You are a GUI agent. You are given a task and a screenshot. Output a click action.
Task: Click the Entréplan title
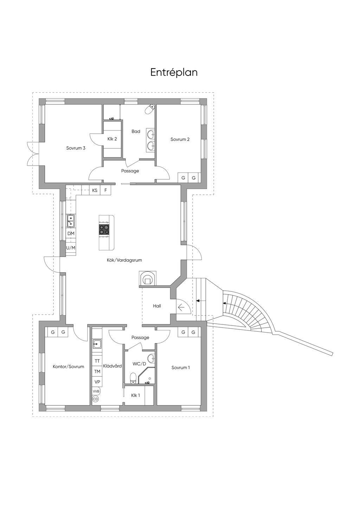(174, 72)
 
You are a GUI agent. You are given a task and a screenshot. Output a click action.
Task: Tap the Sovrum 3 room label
(76, 148)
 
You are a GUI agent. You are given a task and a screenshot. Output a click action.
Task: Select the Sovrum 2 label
(180, 139)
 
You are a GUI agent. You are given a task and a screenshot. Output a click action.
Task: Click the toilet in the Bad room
(150, 109)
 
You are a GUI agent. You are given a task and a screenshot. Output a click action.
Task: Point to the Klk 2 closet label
(112, 139)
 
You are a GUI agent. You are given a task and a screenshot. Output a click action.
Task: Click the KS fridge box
(95, 190)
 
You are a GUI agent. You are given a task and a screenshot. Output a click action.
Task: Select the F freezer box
(105, 190)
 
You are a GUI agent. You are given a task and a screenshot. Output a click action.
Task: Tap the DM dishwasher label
(71, 233)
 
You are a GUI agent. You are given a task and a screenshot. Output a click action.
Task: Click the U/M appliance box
(71, 248)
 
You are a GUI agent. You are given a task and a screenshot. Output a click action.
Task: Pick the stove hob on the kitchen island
(104, 229)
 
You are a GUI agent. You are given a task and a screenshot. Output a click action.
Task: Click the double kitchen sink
(71, 221)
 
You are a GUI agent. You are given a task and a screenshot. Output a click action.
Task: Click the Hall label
(157, 306)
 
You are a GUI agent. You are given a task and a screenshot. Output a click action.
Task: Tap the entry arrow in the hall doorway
(181, 308)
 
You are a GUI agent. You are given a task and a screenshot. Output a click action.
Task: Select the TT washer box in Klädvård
(97, 361)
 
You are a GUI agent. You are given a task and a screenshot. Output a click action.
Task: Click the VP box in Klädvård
(97, 382)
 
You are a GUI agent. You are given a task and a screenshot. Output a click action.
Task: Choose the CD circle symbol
(95, 399)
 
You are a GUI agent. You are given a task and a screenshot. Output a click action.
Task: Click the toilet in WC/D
(133, 378)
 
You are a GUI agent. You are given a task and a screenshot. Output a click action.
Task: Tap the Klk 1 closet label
(135, 395)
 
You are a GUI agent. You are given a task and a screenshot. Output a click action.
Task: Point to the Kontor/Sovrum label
(68, 367)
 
